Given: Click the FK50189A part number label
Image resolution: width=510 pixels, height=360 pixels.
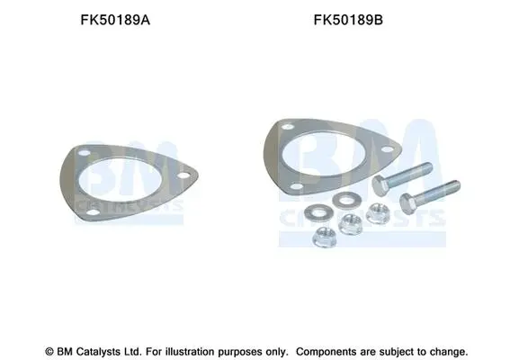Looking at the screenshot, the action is click(x=115, y=20).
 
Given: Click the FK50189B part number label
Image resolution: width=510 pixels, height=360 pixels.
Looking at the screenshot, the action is click(x=348, y=20).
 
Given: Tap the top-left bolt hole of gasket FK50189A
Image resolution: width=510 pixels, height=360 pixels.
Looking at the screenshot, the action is click(x=85, y=153).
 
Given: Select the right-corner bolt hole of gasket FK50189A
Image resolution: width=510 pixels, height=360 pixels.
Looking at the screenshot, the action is click(x=183, y=175).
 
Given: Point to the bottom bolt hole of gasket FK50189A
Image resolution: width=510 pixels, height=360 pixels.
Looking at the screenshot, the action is click(x=94, y=212).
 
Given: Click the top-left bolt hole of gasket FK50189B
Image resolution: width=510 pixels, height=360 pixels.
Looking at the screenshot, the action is click(x=288, y=127).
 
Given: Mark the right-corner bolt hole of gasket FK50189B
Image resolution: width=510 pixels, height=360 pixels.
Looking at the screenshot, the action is click(x=387, y=149).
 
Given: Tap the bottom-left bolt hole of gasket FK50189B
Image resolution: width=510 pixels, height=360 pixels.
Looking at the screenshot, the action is click(x=297, y=186).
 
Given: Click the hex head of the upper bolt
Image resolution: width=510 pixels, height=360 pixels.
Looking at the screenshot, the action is click(x=380, y=185).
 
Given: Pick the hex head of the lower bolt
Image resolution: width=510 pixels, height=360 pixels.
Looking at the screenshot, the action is click(x=407, y=203).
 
